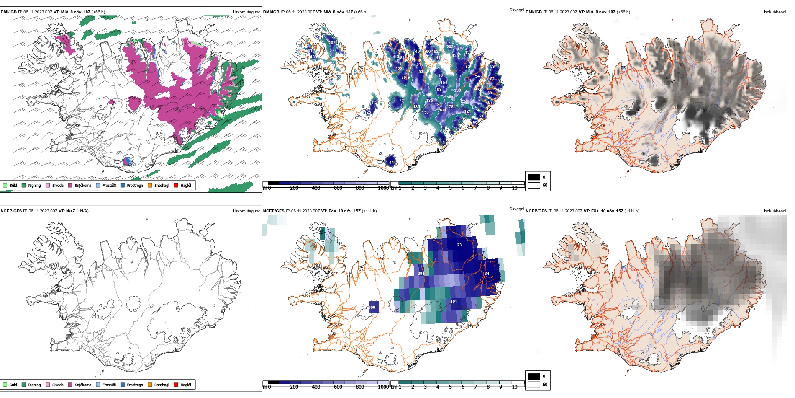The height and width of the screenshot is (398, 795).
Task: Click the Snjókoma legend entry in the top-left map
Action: (x=82, y=185)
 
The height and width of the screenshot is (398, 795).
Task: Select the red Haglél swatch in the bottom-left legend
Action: (x=176, y=385)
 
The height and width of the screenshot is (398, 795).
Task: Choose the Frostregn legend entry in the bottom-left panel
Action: (x=134, y=385)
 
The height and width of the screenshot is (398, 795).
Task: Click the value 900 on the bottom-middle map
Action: (x=372, y=307)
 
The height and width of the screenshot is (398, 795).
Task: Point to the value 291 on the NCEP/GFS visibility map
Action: (x=421, y=273)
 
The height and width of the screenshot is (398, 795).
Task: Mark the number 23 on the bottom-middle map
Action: (x=459, y=245)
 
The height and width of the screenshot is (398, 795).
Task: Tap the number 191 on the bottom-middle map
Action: (x=454, y=301)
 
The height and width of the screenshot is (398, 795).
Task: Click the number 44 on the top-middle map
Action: (x=391, y=162)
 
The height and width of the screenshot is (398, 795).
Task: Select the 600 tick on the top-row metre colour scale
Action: (x=338, y=188)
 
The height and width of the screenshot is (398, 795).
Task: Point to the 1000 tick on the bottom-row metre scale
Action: (x=383, y=387)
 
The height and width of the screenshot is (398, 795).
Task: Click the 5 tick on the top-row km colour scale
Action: (x=450, y=188)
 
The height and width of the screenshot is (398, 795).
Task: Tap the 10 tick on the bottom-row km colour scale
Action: (x=515, y=387)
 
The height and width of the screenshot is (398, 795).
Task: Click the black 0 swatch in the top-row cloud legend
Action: (x=534, y=177)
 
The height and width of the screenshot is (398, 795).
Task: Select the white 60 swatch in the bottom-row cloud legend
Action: (x=534, y=385)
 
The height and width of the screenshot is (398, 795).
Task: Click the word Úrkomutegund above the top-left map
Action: (x=246, y=12)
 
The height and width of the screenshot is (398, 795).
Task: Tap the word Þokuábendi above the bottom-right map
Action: (x=775, y=211)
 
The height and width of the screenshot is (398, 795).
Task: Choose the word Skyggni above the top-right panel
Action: (x=516, y=10)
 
